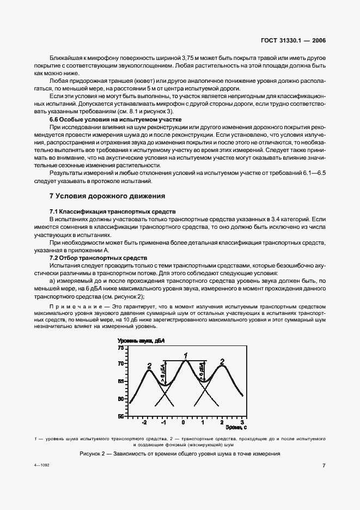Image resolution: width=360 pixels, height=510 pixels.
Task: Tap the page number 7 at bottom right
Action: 324,466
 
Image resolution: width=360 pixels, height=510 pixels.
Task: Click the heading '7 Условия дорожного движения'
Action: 107,196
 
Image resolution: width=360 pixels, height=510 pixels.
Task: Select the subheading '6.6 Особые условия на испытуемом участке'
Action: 115,119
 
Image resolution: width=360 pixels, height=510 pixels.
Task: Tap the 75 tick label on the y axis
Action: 121,347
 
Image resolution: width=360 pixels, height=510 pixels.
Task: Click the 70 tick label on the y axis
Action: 121,363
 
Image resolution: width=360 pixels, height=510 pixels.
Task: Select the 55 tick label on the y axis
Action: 121,416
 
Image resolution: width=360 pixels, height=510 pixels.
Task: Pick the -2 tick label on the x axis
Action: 145,423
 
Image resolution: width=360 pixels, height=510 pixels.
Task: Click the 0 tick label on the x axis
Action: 184,423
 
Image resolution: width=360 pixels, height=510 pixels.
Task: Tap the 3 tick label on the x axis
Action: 241,423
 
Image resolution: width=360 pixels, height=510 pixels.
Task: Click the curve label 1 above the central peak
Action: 185,356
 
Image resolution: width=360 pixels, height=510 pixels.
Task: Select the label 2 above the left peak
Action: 149,366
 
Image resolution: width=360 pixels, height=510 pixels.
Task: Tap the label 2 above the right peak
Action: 222,361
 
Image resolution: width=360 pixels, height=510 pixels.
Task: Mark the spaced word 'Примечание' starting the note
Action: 71,307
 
